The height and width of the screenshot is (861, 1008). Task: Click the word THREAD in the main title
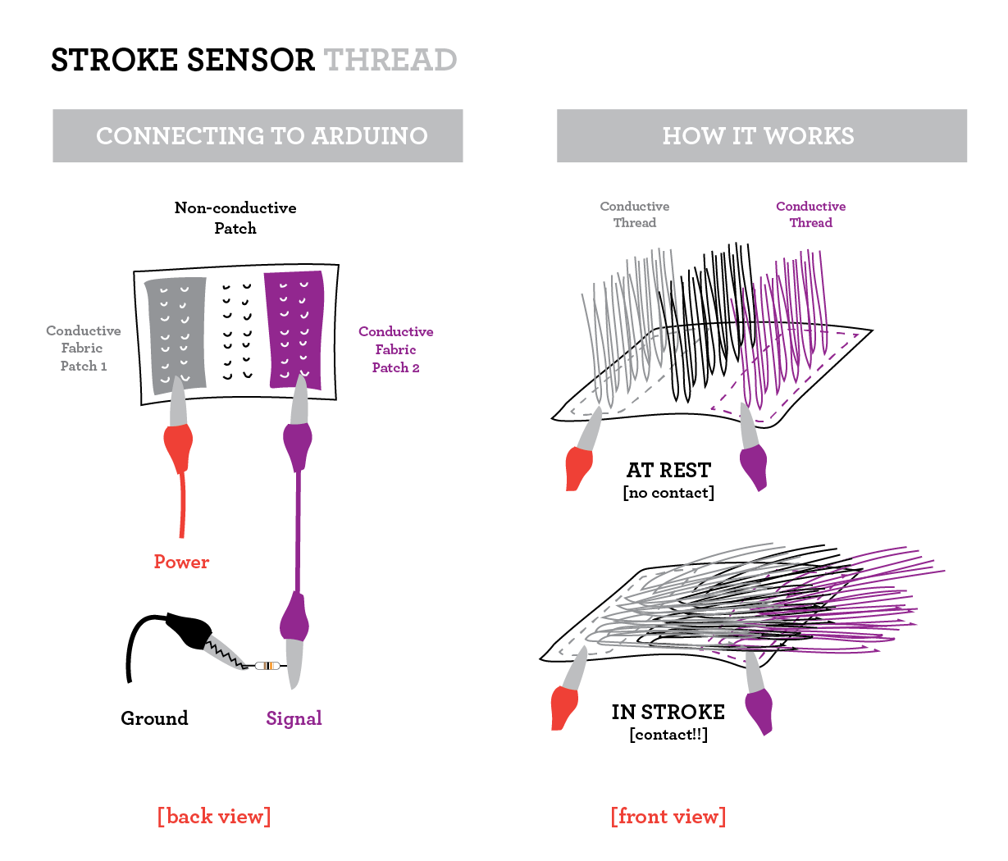click(x=390, y=61)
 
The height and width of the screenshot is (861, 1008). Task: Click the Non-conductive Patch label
click(x=235, y=218)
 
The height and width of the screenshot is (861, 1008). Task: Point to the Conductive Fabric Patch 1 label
click(x=84, y=348)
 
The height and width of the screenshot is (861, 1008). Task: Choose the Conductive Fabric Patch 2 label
click(x=395, y=349)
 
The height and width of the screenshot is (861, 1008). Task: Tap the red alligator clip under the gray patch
click(x=178, y=447)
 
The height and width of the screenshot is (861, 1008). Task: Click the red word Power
click(x=181, y=563)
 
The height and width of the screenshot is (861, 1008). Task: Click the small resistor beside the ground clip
click(x=267, y=666)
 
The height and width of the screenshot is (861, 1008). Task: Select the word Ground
click(x=154, y=719)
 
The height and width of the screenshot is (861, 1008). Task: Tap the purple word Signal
click(x=294, y=719)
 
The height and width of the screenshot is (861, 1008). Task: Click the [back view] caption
click(x=214, y=817)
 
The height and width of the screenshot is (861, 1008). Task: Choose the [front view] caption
click(x=668, y=817)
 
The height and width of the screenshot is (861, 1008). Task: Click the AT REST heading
click(x=668, y=471)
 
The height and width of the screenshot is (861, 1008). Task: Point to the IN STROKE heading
click(x=668, y=713)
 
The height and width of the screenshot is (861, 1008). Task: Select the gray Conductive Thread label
click(x=634, y=215)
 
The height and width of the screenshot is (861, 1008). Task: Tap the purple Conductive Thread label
click(x=810, y=215)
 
